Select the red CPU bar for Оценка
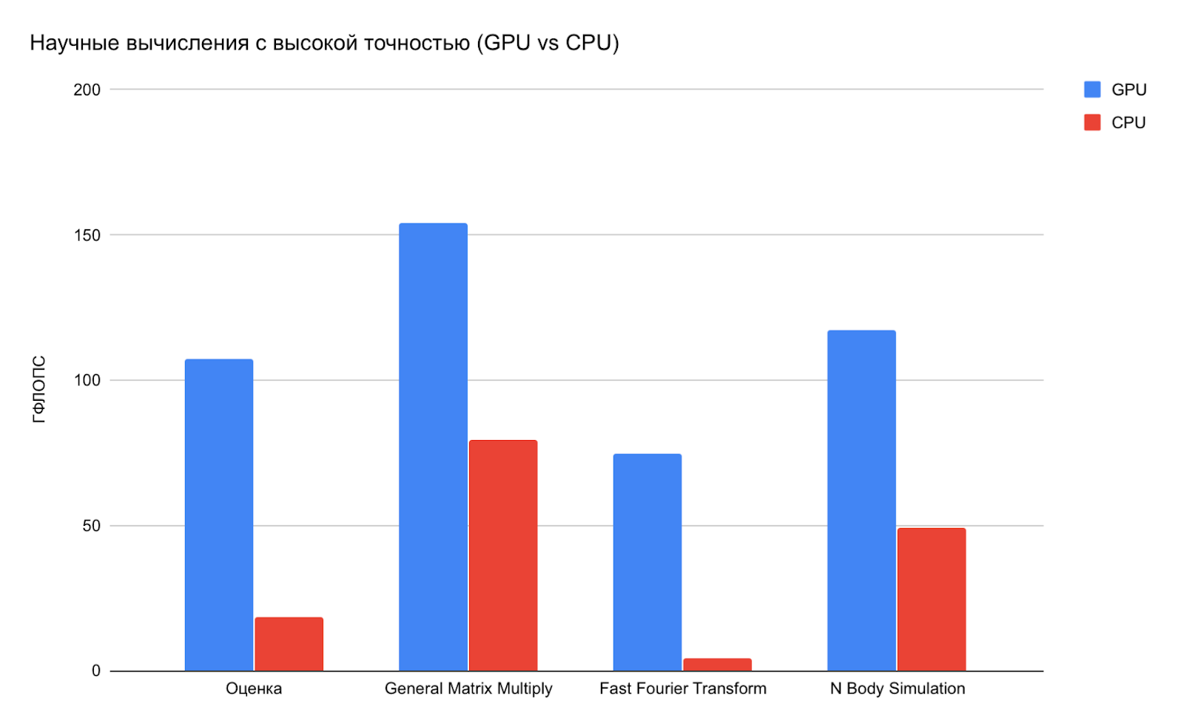click(289, 644)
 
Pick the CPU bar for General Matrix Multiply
click(503, 555)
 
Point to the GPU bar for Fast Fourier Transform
click(647, 562)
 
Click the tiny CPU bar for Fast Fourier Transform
click(717, 665)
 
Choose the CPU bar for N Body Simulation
click(932, 599)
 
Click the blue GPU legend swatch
click(1092, 89)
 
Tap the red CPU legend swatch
click(1092, 123)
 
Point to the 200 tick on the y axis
click(87, 89)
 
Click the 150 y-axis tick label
click(87, 235)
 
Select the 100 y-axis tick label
click(87, 380)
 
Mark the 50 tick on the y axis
click(91, 526)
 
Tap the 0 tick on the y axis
click(95, 671)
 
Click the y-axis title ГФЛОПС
click(39, 390)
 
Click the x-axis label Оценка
click(254, 689)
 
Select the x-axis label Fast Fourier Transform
click(682, 689)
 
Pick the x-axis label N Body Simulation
click(897, 689)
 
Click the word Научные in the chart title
click(75, 43)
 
